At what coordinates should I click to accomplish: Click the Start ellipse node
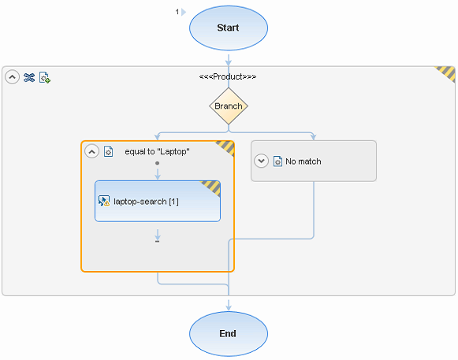coord(229,28)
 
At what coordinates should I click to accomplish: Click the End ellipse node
coord(229,334)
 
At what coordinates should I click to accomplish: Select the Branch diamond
coord(229,106)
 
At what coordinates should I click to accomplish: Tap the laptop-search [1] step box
coord(158,201)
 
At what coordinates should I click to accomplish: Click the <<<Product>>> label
coord(228,76)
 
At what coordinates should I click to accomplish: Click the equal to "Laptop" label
coord(157,151)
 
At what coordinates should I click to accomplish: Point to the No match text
coord(303,161)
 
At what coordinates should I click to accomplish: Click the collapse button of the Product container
coord(13,77)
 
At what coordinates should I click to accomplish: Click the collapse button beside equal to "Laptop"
coord(91,151)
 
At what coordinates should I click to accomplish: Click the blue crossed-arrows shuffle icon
coord(29,77)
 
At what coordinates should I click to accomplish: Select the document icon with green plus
coord(45,77)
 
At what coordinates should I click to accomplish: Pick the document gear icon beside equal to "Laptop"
coord(108,151)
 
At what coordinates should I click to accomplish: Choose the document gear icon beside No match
coord(277,161)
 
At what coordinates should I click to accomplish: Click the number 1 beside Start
coord(177,12)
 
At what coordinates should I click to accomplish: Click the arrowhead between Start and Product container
coord(229,62)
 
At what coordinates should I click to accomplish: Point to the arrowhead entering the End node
coord(229,306)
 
